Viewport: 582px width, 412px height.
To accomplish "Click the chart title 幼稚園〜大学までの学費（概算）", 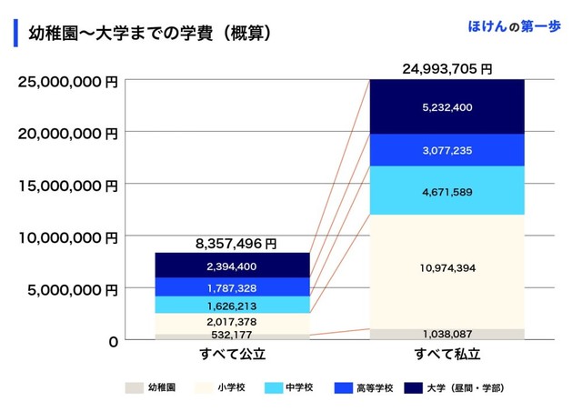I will [x=150, y=34].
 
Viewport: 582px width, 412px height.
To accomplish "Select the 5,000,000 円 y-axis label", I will [x=73, y=290].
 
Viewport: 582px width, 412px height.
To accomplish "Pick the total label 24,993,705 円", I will [x=447, y=68].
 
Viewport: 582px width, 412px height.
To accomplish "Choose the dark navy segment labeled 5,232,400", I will [x=447, y=107].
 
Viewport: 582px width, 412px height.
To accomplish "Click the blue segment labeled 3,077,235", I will [x=447, y=150].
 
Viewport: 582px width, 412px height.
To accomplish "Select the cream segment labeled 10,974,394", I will [x=447, y=268].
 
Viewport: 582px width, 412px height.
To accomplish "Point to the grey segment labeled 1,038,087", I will [x=447, y=334].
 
